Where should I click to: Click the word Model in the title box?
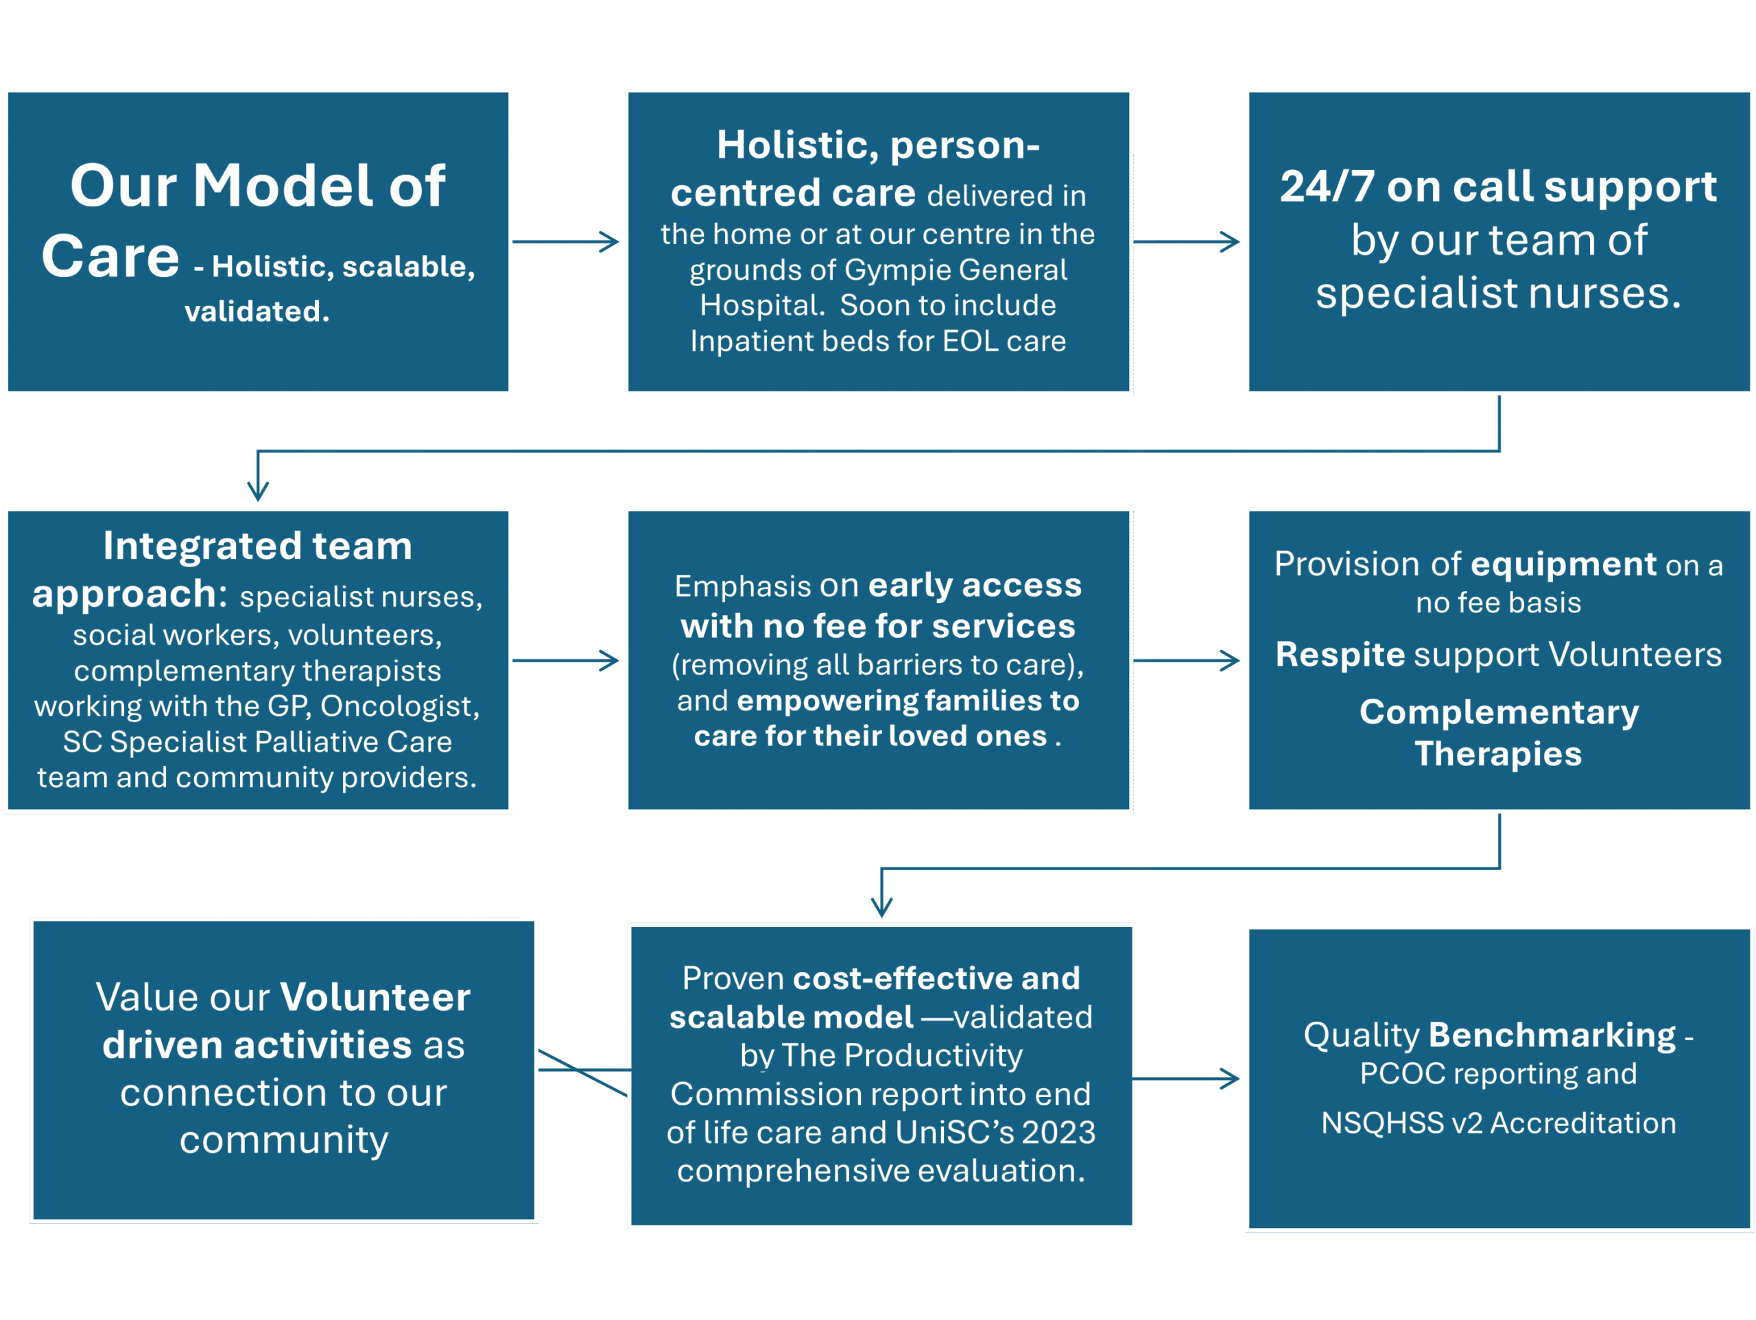tap(283, 186)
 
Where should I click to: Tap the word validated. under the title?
tap(257, 311)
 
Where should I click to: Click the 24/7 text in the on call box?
tap(1327, 187)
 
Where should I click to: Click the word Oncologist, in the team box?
tap(400, 706)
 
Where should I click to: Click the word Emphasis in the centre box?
tap(742, 586)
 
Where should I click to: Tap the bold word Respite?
tap(1340, 655)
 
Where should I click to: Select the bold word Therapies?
tap(1498, 754)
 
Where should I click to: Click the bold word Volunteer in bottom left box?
tap(375, 998)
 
